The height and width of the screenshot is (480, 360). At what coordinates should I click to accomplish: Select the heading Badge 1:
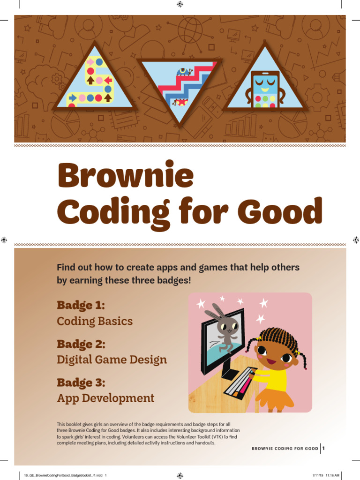point(81,306)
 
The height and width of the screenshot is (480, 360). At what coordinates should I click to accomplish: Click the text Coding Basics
point(95,322)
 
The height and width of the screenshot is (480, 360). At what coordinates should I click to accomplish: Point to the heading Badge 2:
point(81,344)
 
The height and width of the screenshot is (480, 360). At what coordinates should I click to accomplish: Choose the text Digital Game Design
point(112,360)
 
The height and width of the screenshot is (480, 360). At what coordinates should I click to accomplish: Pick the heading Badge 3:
point(81,382)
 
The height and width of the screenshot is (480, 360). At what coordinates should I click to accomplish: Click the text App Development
point(105,398)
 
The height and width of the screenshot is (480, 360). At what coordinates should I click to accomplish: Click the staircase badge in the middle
point(180,87)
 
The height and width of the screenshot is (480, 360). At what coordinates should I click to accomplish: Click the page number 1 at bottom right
point(323,449)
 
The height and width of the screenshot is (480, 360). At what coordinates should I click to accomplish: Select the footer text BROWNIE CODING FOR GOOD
point(285,449)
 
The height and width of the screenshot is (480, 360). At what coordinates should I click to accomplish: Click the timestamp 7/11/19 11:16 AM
point(325,475)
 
